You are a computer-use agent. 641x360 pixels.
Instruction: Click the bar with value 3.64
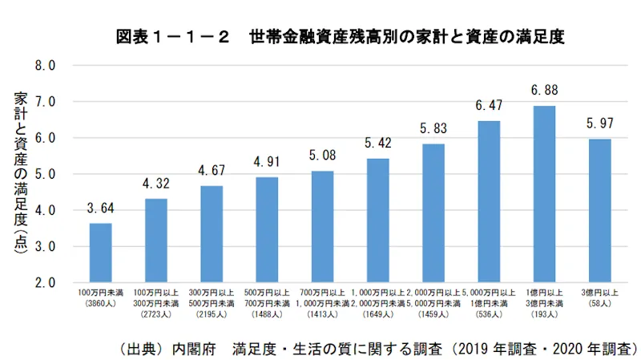pos(101,253)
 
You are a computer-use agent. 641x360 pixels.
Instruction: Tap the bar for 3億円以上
pos(599,210)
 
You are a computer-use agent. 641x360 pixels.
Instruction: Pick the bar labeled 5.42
pos(377,220)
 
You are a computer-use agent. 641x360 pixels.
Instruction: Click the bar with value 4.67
pos(212,234)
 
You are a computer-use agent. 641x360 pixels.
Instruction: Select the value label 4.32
pos(156,183)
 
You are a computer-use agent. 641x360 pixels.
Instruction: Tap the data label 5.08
pos(322,156)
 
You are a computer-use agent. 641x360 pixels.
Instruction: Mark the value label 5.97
pos(599,123)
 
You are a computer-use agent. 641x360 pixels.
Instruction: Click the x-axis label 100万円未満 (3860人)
pos(101,301)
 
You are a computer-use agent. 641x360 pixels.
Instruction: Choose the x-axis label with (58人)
pos(599,301)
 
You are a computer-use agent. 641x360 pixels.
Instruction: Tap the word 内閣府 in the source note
pos(192,349)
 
